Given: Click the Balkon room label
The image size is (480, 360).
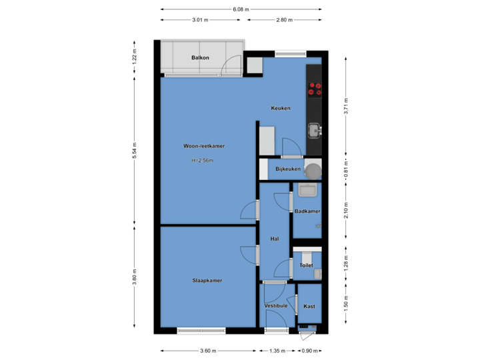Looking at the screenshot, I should click(x=200, y=58).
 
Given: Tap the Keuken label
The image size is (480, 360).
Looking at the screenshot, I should click(x=280, y=108).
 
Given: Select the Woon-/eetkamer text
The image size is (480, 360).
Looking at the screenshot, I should click(x=204, y=145).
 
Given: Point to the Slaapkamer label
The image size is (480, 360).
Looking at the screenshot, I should click(x=207, y=281).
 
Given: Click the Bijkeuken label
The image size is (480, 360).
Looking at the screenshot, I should click(x=288, y=169).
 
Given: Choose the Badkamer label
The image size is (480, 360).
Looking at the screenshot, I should click(x=307, y=211).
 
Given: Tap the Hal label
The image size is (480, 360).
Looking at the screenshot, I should click(x=274, y=238).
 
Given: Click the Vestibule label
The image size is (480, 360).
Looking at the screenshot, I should click(x=276, y=306).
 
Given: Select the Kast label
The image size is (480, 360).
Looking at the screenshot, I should click(x=309, y=307).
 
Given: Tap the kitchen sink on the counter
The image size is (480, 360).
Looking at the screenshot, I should click(x=313, y=129).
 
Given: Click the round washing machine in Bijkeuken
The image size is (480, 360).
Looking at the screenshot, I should click(x=311, y=169).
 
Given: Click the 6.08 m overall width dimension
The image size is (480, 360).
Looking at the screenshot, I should click(x=241, y=10).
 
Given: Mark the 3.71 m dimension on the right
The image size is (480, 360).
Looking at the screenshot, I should click(x=346, y=105).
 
